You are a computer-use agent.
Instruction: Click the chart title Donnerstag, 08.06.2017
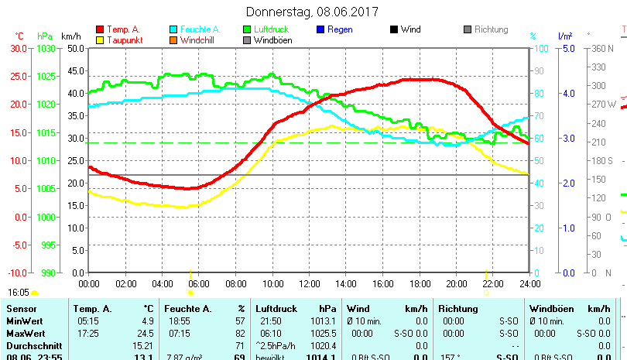pyautogui.click(x=312, y=12)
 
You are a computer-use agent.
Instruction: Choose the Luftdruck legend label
pyautogui.click(x=274, y=29)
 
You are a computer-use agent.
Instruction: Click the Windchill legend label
pyautogui.click(x=200, y=40)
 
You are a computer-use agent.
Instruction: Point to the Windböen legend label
pyautogui.click(x=273, y=40)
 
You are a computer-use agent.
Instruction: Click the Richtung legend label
pyautogui.click(x=492, y=29)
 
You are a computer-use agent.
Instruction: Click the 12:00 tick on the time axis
pyautogui.click(x=309, y=283)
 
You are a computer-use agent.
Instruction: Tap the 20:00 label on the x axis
pyautogui.click(x=456, y=283)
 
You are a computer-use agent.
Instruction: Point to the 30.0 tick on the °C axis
pyautogui.click(x=18, y=48)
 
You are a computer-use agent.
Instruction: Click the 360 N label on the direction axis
pyautogui.click(x=601, y=48)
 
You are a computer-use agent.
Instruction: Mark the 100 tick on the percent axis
pyautogui.click(x=543, y=48)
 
